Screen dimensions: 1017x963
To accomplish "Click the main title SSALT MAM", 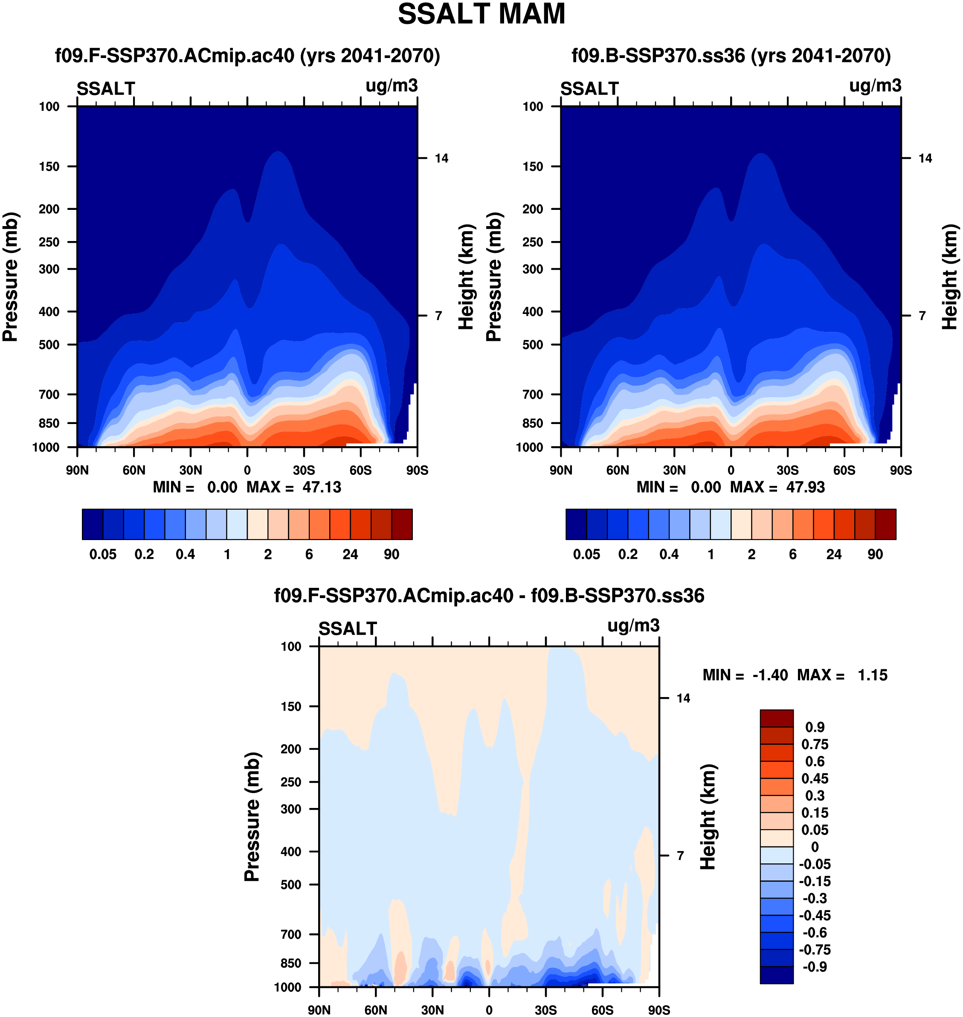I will tap(481, 15).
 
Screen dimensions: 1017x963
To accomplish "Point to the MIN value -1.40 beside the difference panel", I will tap(770, 675).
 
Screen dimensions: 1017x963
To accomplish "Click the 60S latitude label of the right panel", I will tap(844, 470).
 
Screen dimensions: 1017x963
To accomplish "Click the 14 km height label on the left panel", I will tap(441, 158).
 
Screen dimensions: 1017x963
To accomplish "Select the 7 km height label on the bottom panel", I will tap(680, 856).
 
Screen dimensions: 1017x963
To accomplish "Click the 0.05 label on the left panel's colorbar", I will tap(103, 555).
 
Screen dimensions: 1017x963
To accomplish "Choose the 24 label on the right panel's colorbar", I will tap(834, 555).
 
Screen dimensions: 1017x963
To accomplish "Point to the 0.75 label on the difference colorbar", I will tap(815, 744).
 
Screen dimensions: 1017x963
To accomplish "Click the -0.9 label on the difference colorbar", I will tap(815, 967).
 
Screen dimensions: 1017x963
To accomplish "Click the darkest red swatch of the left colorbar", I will tap(402, 524).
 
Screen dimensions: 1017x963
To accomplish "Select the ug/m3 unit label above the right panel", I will tap(875, 86).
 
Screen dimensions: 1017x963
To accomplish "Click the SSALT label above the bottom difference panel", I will tap(348, 629).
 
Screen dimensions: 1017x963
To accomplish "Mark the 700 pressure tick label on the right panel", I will tap(532, 394).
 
